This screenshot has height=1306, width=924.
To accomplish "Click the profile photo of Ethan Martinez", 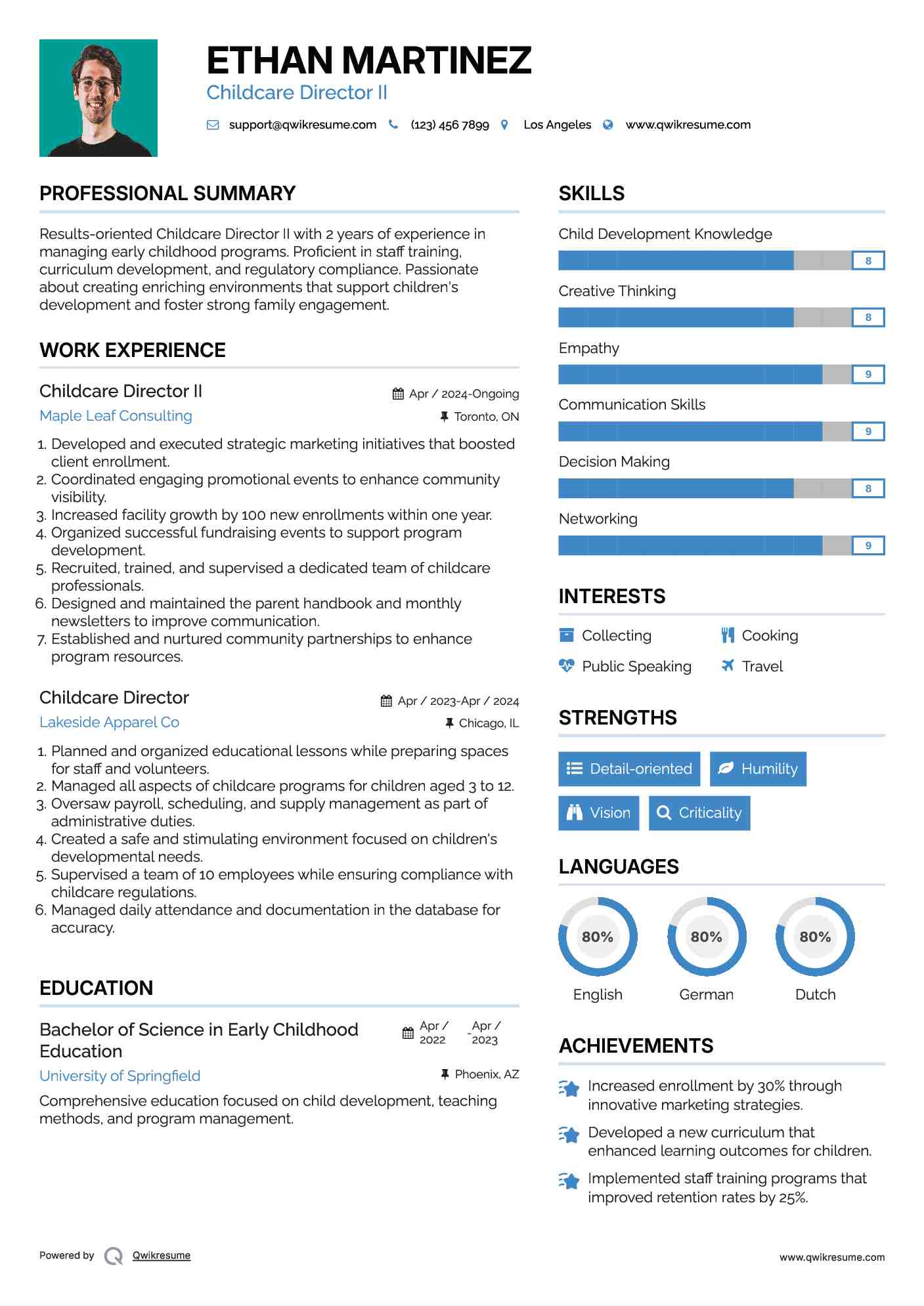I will pos(99,98).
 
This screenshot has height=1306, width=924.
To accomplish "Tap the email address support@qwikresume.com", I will pos(302,125).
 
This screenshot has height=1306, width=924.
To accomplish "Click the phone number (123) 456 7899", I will pos(450,125).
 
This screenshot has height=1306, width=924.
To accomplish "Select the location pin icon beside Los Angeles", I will pos(504,125).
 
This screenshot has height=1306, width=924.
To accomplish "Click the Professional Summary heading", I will pos(167,194).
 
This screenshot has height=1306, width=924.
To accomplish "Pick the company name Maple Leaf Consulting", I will pos(116,416).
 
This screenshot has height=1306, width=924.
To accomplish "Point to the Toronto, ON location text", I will pos(486,417).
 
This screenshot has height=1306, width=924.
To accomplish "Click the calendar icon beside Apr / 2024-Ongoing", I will pos(398,394).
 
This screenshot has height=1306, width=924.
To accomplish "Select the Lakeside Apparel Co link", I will pos(109,723).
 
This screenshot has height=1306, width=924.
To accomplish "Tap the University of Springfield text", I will pos(120,1076).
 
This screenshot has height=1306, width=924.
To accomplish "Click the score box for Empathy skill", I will pos(868,375).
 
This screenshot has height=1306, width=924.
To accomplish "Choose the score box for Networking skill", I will pos(868,545).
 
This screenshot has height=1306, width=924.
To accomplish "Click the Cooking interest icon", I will pos(728,635).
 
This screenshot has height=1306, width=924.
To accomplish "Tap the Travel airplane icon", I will pos(728,666).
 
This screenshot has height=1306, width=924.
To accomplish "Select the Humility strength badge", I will pos(758,769).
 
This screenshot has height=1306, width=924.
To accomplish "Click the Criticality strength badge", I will pos(699,813).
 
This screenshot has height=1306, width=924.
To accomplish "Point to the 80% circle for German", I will pos(707,937).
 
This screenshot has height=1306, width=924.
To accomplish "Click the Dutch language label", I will pos(815,995).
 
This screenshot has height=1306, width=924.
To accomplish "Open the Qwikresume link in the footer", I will pos(162,1255).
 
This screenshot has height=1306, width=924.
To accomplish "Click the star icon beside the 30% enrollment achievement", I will pos(569,1089).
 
